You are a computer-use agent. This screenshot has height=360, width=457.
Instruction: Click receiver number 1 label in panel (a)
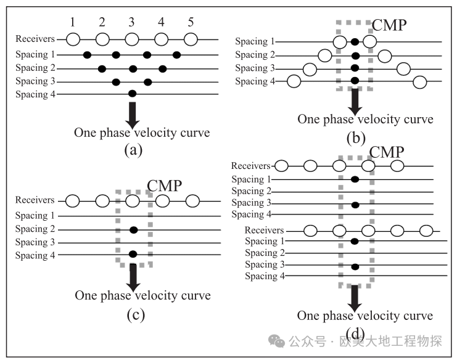(x=72, y=22)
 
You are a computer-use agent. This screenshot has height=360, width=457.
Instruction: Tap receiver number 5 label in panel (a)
(x=191, y=22)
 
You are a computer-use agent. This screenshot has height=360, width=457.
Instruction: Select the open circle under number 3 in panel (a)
(x=132, y=39)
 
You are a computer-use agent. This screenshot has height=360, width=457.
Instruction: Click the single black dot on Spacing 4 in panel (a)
(x=132, y=94)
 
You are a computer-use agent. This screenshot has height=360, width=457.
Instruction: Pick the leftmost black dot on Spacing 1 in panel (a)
(x=87, y=54)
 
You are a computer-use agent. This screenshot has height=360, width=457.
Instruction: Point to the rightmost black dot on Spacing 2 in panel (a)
(x=163, y=69)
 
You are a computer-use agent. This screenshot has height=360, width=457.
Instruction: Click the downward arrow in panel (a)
(x=133, y=115)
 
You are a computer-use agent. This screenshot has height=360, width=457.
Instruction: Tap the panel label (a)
(x=133, y=150)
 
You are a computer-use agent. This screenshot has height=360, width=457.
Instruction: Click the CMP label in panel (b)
(x=389, y=25)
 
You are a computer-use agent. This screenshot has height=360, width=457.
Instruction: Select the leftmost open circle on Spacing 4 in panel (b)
(x=294, y=81)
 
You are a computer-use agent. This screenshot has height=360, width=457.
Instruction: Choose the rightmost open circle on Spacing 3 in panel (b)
(x=403, y=69)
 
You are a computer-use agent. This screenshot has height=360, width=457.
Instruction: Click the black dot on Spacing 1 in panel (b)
(x=355, y=42)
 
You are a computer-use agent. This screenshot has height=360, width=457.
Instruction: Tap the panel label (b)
(x=356, y=138)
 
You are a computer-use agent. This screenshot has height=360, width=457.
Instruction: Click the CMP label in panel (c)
(x=165, y=186)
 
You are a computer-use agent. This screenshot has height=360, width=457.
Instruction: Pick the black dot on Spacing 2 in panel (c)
(x=133, y=230)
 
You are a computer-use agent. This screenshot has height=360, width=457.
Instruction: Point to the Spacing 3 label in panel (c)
(x=35, y=242)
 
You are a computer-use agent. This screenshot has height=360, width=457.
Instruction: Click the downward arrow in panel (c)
(x=133, y=278)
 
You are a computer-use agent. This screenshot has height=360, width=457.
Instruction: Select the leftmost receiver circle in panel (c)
(x=73, y=201)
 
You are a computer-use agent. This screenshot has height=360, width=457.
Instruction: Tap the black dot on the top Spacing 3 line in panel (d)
(x=355, y=205)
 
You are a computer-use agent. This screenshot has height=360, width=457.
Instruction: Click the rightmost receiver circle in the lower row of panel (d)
(x=426, y=231)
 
